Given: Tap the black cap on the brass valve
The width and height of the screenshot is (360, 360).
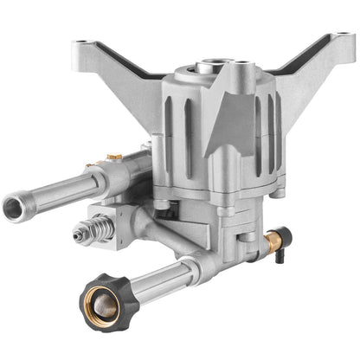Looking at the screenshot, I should pyautogui.click(x=289, y=236).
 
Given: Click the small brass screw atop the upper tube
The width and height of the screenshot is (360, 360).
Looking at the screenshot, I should pyautogui.click(x=113, y=157).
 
